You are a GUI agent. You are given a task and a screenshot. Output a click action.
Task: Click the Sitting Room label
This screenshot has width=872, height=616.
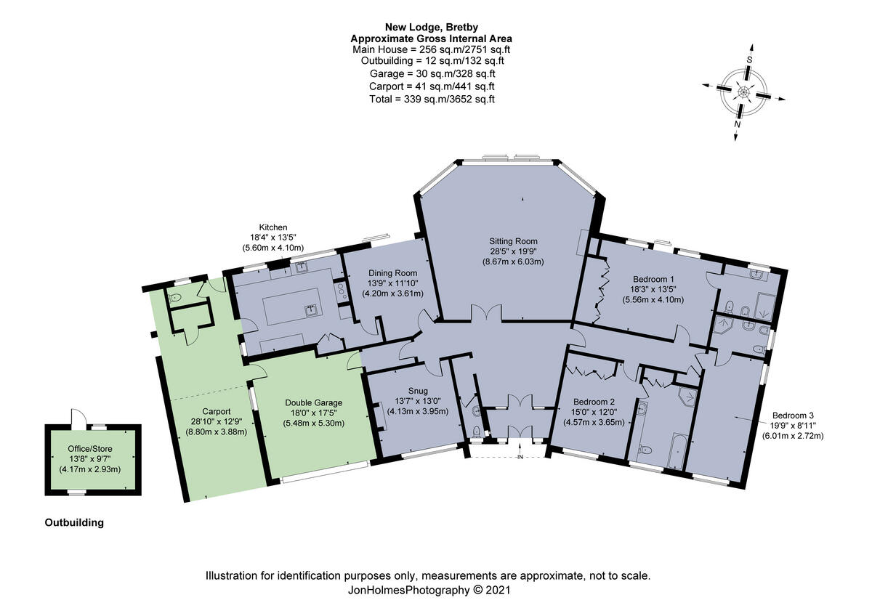tap(514, 240)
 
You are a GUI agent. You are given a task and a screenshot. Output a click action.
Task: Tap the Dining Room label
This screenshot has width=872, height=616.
tap(392, 272)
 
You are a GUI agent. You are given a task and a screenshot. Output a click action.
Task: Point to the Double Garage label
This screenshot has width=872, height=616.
tap(313, 402)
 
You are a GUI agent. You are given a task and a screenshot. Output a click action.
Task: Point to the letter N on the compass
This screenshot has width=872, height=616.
tap(737, 124)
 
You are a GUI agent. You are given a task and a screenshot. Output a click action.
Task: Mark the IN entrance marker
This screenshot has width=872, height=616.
tap(520, 457)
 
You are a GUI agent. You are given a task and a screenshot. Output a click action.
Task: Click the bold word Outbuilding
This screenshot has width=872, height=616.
tap(74, 522)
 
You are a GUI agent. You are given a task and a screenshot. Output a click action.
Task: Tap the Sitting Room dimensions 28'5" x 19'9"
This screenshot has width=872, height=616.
tap(514, 251)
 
